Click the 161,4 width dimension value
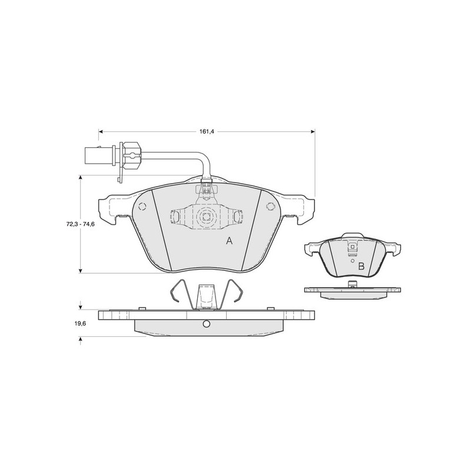207,131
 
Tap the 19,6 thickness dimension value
79,323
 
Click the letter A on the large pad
229,241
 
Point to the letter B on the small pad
361,266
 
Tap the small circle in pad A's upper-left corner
142,207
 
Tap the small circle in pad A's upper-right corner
270,206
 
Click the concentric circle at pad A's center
206,216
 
